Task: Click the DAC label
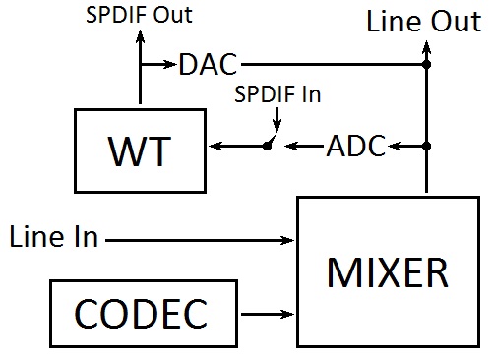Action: (209, 66)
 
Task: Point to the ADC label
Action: (356, 147)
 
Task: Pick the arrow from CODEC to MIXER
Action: (268, 316)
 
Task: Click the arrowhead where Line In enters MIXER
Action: (289, 238)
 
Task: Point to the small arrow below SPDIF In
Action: (278, 122)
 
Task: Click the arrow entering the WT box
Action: (216, 147)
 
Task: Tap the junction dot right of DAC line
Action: (425, 66)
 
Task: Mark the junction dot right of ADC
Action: (425, 147)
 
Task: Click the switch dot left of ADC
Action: (267, 147)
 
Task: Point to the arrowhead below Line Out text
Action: (425, 44)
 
